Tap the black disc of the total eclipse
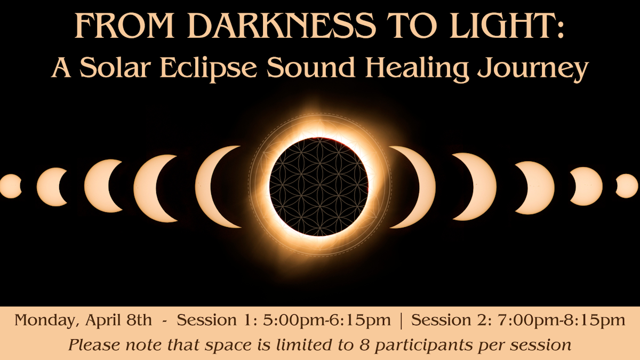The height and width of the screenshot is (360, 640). (x=319, y=186)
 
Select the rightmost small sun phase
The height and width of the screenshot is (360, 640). (x=628, y=186)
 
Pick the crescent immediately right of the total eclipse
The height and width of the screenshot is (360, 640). (x=411, y=186)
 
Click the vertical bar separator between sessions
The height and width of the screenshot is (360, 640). (x=402, y=321)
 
